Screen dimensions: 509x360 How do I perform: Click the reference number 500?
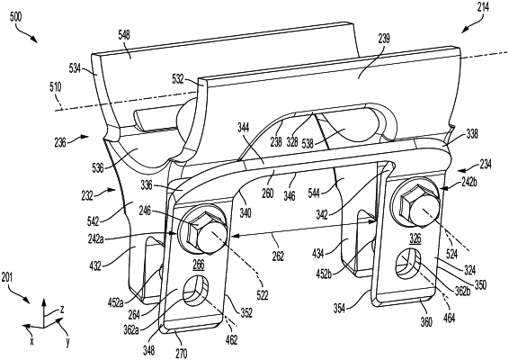[x=16, y=16]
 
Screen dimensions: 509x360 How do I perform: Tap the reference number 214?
[x=483, y=7]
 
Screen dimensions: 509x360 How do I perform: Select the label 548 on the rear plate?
[x=124, y=34]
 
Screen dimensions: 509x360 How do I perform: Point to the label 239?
[x=384, y=40]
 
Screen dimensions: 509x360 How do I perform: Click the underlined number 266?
[x=199, y=265]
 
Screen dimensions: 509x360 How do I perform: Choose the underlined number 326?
[x=415, y=238]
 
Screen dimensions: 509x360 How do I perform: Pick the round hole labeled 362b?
[x=408, y=263]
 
